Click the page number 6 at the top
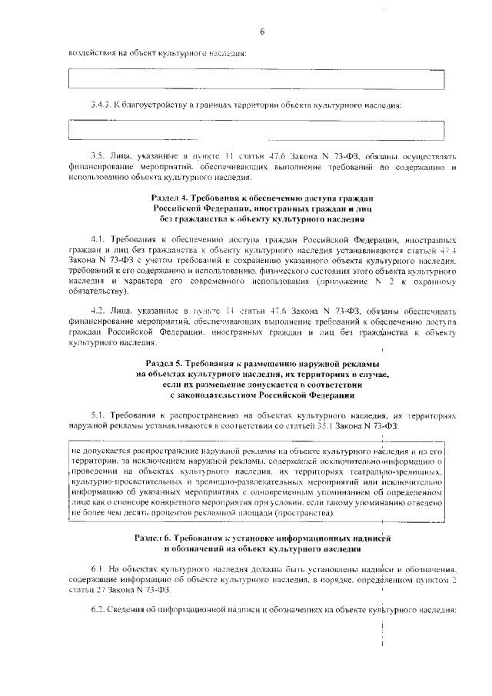(261, 32)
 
